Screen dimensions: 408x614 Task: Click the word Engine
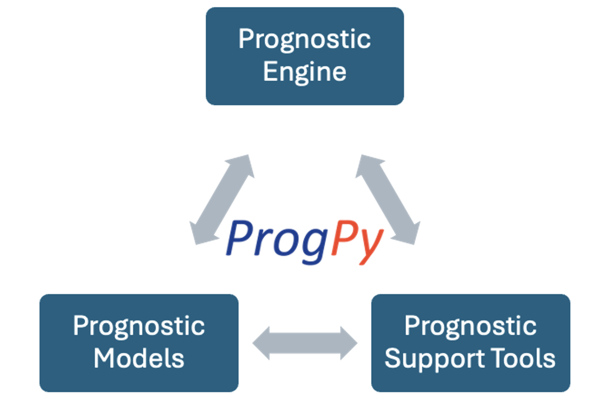pos(305,72)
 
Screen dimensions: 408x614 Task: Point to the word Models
pos(139,358)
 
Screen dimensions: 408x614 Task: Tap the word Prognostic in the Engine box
pos(305,40)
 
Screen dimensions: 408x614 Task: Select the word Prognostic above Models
pos(139,326)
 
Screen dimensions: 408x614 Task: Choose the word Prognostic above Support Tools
pos(471,326)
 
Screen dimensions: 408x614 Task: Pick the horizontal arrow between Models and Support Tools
pos(305,343)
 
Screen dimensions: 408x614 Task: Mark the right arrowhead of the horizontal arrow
pos(349,343)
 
